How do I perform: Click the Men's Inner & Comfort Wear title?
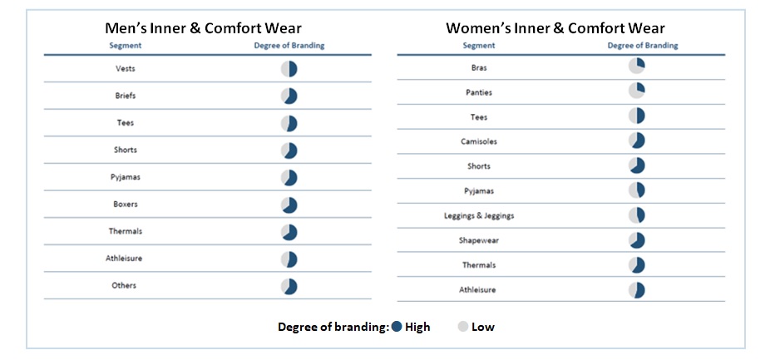203,28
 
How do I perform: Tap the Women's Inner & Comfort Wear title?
555,28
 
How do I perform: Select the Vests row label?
126,69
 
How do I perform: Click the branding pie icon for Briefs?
289,96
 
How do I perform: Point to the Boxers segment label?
126,205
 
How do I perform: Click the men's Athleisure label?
124,259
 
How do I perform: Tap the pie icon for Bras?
636,66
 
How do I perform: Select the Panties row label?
479,92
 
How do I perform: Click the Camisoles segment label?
479,141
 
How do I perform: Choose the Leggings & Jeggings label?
479,215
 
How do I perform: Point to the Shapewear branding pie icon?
636,240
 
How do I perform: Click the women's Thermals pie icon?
636,265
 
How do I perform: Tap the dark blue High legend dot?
397,327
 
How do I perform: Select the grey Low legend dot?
462,327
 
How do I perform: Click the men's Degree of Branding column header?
289,46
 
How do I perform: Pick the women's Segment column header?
479,46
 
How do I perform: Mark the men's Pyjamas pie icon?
289,178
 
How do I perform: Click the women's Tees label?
479,117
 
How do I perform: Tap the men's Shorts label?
126,150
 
